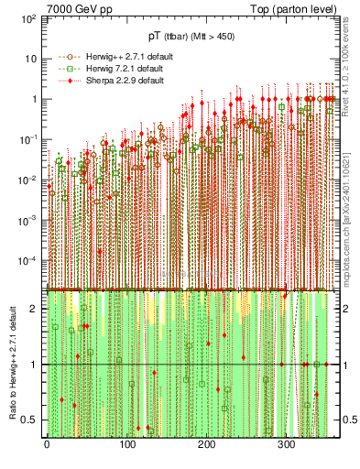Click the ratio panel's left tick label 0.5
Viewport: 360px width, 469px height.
point(32,420)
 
